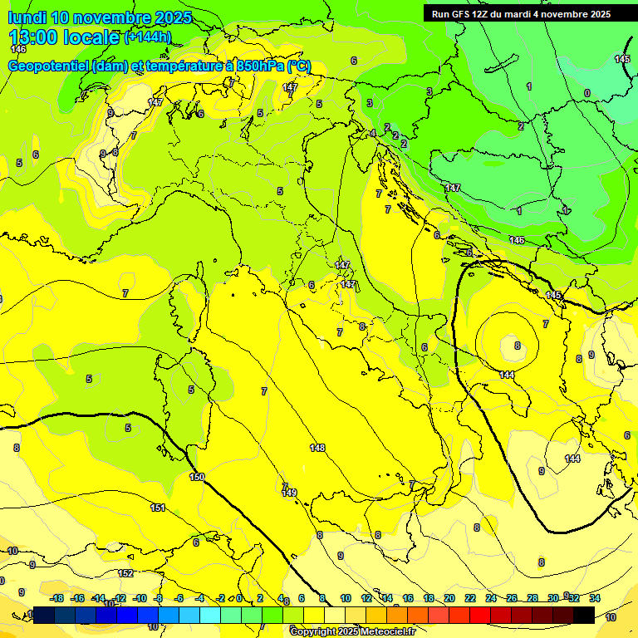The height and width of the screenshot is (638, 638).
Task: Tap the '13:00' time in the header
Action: pyautogui.click(x=33, y=37)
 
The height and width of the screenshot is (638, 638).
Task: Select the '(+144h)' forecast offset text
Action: pyautogui.click(x=148, y=37)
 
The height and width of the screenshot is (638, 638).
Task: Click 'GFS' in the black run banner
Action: pyautogui.click(x=463, y=14)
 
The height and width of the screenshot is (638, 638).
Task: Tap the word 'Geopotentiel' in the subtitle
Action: pyautogui.click(x=50, y=66)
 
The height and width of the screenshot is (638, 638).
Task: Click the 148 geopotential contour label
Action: pyautogui.click(x=317, y=448)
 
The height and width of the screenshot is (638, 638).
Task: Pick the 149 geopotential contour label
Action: pyautogui.click(x=289, y=493)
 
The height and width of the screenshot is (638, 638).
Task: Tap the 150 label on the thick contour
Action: pyautogui.click(x=197, y=477)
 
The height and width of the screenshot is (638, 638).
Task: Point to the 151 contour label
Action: pyautogui.click(x=158, y=508)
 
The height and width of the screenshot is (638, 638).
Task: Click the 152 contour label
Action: pyautogui.click(x=125, y=573)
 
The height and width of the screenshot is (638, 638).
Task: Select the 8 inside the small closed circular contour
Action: pyautogui.click(x=517, y=345)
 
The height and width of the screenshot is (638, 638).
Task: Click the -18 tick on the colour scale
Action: pyautogui.click(x=57, y=598)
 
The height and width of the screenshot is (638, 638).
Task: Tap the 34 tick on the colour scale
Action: pyautogui.click(x=595, y=598)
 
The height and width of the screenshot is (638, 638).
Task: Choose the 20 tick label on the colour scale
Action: pyautogui.click(x=449, y=598)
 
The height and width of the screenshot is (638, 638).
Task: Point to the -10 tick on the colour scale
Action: pyautogui.click(x=140, y=598)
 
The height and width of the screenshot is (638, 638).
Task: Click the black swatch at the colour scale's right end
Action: pyautogui.click(x=583, y=615)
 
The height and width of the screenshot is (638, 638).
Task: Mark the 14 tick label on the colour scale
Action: pyautogui.click(x=387, y=598)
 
